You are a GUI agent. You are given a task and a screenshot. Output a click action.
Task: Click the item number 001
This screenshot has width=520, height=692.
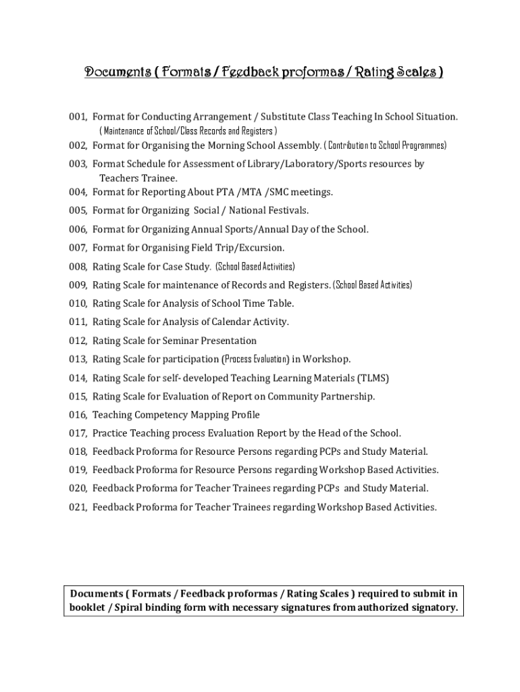click(77, 117)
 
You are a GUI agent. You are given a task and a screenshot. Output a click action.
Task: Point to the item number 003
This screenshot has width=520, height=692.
click(77, 164)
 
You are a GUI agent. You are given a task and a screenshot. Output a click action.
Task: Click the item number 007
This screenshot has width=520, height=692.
click(77, 247)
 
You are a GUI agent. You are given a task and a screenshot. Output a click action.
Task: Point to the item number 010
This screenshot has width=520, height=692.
click(77, 303)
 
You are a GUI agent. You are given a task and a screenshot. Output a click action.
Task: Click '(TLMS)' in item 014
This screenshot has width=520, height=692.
click(373, 378)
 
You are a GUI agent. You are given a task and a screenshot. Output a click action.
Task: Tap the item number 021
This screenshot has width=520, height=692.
click(77, 507)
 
